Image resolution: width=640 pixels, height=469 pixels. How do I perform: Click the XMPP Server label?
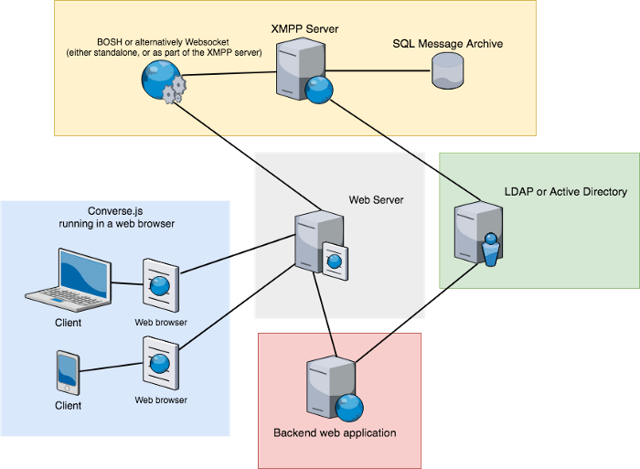click(305, 29)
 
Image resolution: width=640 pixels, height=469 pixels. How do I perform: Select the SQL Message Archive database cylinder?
click(447, 71)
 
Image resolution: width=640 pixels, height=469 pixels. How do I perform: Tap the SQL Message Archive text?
click(448, 44)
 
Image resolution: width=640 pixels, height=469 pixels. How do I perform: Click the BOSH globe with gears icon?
click(161, 83)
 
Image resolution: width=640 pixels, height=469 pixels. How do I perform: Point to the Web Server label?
click(376, 199)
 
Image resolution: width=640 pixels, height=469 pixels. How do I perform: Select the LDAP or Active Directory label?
click(566, 192)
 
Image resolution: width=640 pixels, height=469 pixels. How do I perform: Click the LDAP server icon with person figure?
click(477, 234)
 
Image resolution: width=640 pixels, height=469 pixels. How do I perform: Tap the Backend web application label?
click(335, 432)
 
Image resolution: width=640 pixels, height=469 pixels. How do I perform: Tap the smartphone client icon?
click(68, 372)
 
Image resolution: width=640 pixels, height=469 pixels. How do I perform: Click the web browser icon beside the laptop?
click(160, 285)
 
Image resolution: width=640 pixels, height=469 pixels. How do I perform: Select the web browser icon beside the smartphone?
click(160, 363)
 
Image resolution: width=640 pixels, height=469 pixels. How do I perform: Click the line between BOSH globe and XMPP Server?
click(229, 74)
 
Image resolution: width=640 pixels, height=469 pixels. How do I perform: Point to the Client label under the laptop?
click(68, 323)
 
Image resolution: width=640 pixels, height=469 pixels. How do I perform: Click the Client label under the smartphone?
click(68, 405)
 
